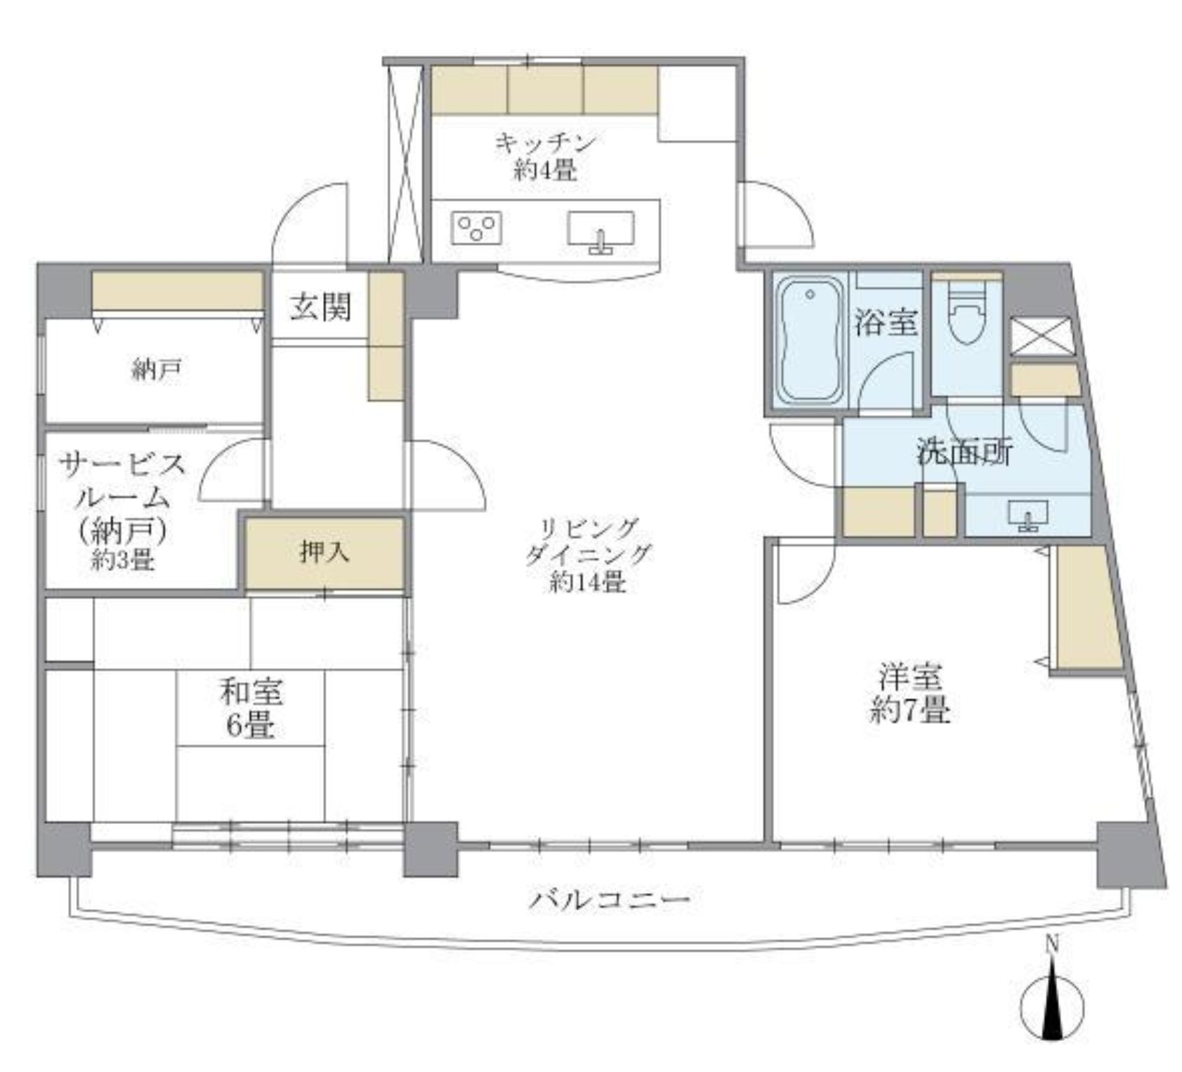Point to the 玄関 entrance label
coord(320,307)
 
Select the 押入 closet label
coord(324,553)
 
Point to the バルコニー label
coord(609,900)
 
